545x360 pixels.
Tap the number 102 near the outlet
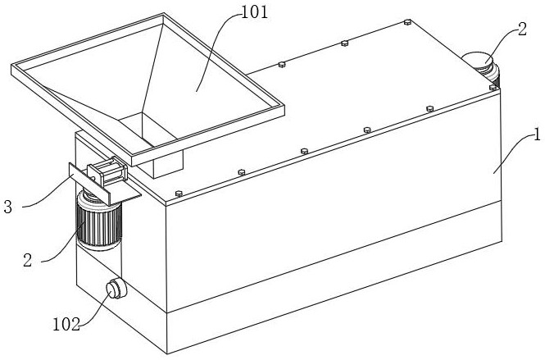[x=66, y=324]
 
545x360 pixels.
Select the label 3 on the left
[x=7, y=206]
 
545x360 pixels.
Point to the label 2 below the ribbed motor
[x=26, y=260]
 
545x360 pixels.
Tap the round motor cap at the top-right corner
[x=477, y=61]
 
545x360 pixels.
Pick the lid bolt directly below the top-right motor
[x=493, y=87]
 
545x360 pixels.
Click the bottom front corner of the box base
[x=167, y=353]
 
